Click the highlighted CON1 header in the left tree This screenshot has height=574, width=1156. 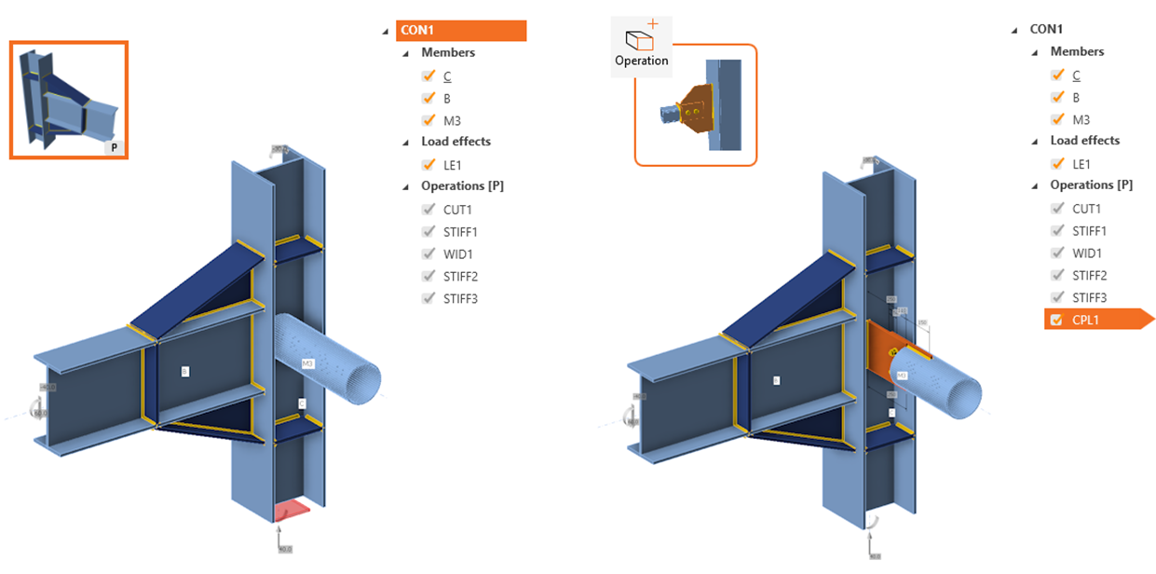click(460, 31)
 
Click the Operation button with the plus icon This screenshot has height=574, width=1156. click(641, 46)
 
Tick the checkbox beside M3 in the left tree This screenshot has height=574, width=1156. click(428, 120)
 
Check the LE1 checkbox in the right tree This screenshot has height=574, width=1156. click(1057, 164)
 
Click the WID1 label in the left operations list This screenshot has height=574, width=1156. click(459, 254)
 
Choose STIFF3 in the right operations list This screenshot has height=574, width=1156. click(1089, 298)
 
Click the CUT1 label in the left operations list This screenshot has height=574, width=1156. click(459, 210)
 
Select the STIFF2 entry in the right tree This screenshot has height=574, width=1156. click(1089, 276)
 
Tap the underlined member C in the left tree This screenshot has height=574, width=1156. click(448, 75)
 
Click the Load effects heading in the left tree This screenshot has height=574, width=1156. click(456, 142)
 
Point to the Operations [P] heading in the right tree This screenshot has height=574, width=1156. click(1091, 185)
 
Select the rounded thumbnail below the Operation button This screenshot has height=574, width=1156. click(695, 105)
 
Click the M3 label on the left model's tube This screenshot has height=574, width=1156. click(308, 362)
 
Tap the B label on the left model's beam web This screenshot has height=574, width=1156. click(185, 371)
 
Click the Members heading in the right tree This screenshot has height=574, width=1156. click(1077, 52)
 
